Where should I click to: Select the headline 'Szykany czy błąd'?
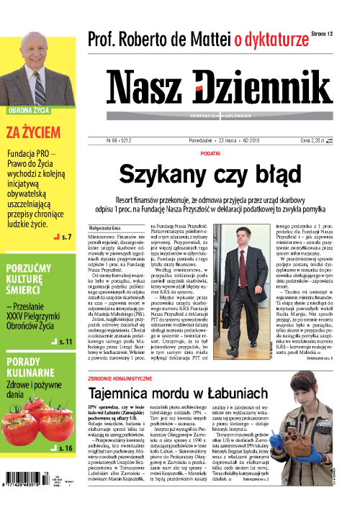tap(210, 174)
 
